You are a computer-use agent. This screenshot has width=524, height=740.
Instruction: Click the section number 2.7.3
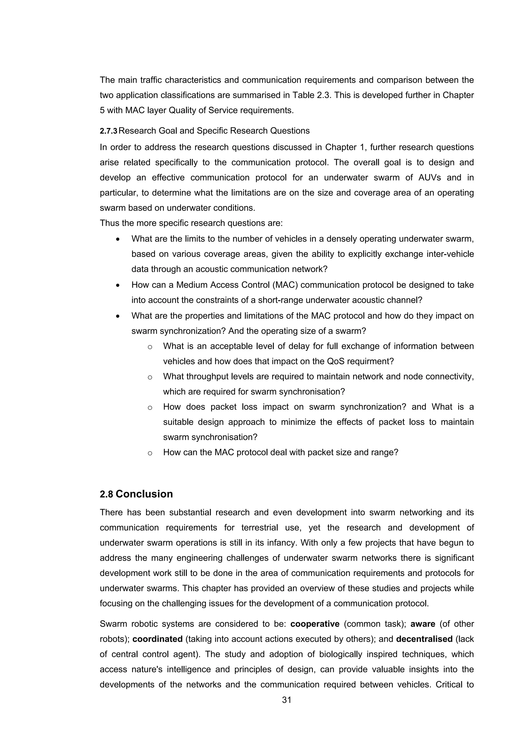(x=108, y=131)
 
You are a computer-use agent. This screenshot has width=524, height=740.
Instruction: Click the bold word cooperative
(x=315, y=624)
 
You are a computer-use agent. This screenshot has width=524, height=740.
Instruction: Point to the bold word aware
(x=423, y=624)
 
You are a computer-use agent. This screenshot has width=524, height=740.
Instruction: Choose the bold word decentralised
(x=424, y=639)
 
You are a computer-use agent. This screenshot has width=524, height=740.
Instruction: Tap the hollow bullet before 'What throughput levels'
(x=150, y=377)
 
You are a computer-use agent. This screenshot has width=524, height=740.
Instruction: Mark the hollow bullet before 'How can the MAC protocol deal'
(x=150, y=453)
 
